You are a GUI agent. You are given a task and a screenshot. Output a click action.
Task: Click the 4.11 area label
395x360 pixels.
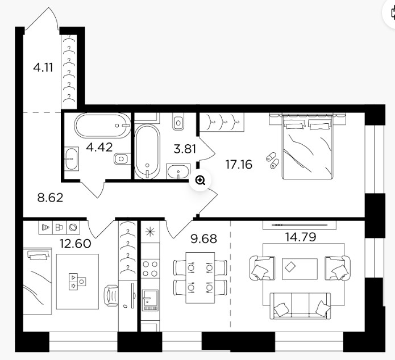(x=43, y=68)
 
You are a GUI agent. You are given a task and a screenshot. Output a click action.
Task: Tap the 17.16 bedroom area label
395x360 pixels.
(x=239, y=165)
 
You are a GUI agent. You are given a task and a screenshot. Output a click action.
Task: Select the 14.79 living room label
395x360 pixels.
(x=301, y=237)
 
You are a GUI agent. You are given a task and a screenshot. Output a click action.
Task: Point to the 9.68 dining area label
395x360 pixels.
(x=204, y=238)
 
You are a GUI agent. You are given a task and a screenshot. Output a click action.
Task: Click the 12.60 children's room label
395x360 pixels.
(x=76, y=244)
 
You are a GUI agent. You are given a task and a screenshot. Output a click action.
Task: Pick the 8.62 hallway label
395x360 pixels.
(x=50, y=198)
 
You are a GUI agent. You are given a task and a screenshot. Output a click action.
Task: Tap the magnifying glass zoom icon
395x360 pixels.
(x=200, y=180)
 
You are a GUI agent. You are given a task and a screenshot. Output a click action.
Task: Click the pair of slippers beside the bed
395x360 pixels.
(x=273, y=160)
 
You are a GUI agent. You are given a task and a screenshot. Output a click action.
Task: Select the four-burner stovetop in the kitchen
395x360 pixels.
(x=150, y=269)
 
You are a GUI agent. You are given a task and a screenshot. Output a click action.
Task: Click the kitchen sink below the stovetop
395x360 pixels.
(x=150, y=300)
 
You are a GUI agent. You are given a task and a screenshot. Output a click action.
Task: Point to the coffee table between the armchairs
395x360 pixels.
(x=300, y=269)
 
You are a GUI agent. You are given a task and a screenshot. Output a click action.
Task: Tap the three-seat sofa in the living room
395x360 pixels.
(x=300, y=305)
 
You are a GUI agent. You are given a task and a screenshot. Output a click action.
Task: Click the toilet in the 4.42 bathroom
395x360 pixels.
(x=122, y=159)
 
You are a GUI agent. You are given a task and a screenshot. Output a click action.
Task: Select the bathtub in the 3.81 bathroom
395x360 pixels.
(x=147, y=152)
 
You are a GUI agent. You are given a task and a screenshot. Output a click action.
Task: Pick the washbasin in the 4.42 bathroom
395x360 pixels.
(x=72, y=159)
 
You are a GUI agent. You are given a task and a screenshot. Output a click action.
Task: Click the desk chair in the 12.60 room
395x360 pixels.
(x=111, y=296)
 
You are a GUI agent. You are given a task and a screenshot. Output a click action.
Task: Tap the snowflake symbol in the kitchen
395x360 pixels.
(x=150, y=232)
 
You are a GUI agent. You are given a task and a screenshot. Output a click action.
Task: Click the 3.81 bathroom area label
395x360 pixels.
(x=185, y=149)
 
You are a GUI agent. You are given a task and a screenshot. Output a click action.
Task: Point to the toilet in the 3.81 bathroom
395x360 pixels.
(x=178, y=122)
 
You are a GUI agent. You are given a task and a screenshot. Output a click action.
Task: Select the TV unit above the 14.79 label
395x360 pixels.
(x=300, y=225)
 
